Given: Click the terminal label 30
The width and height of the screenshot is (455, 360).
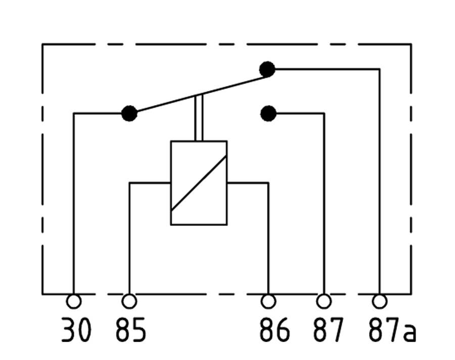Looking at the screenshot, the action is point(76,330).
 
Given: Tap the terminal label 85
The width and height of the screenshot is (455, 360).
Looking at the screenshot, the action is point(130,330).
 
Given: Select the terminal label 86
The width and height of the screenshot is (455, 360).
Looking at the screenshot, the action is point(274,330).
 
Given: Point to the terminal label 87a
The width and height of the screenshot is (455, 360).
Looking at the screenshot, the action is point(392,330).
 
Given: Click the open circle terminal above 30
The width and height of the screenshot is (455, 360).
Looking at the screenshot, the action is point(74,301).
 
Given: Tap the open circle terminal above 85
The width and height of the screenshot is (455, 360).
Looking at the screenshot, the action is point(129,301).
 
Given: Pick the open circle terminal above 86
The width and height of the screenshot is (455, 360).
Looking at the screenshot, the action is point(268,301).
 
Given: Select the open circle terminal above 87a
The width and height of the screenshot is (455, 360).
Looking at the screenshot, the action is point(380,301).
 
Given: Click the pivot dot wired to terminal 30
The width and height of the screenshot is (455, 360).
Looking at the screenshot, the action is point(129,113).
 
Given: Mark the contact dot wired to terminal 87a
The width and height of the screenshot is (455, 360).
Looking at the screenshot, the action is point(267,69).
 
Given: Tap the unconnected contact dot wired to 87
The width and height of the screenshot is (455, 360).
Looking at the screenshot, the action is point(268,113).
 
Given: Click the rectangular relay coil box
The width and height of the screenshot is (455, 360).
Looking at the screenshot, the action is point(199,183).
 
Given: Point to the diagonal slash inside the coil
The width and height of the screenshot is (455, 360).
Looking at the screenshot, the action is point(199,183).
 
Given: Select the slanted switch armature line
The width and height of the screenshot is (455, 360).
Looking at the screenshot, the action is point(202,94).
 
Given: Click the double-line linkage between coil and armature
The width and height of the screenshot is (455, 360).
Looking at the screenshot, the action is point(199,118).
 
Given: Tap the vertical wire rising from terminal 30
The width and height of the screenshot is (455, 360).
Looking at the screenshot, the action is point(74,204).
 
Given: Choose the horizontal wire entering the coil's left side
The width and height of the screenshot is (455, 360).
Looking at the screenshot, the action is point(150,183).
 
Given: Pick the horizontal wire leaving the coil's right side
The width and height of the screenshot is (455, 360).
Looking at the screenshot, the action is point(248,183).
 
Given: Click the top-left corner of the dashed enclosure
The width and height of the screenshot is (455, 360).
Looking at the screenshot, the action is point(42,44).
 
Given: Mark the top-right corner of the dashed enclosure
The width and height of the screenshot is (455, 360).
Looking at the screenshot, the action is point(411,44).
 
